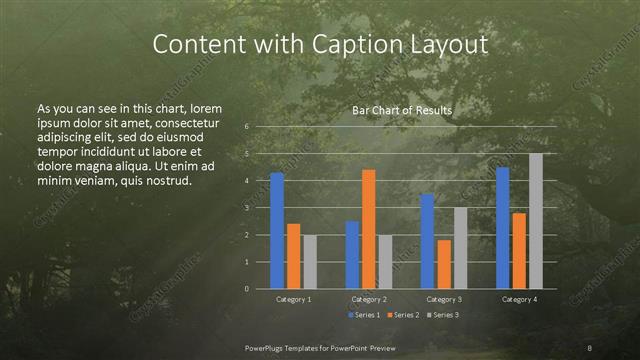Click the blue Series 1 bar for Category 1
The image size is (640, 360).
[277, 231]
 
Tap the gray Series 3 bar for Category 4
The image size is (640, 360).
[535, 221]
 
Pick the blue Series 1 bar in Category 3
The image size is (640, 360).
[427, 241]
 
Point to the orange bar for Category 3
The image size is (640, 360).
[443, 264]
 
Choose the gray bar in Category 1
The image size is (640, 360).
[309, 262]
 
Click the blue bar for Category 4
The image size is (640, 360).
[502, 228]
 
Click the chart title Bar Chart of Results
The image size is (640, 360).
[402, 111]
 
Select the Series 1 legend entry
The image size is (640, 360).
[363, 315]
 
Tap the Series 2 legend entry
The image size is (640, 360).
[403, 315]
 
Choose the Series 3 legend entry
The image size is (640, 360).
[442, 315]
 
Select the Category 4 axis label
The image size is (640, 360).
[518, 299]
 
